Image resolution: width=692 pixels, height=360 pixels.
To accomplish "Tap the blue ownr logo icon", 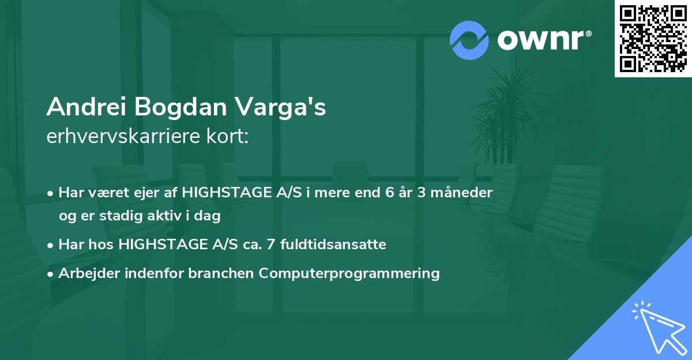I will pos(469,40).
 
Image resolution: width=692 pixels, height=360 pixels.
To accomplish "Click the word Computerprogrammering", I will pos(349,273).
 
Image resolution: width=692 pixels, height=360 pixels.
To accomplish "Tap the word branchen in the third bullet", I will pos(223,273).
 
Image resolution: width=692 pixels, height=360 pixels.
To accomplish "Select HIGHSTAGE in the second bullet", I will pos(157,245).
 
